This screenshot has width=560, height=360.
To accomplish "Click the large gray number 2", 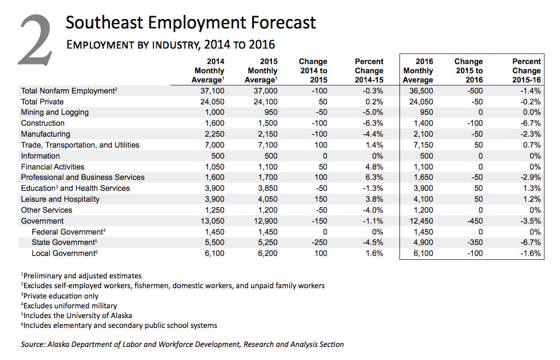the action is click(x=36, y=40).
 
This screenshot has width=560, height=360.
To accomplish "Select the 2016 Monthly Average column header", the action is click(x=418, y=71).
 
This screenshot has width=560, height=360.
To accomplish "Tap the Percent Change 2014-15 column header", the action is click(x=369, y=71).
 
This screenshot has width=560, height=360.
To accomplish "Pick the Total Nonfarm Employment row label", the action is click(x=69, y=90).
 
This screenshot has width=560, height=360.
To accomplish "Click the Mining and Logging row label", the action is click(x=55, y=112).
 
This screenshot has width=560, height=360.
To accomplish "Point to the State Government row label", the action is click(x=65, y=242).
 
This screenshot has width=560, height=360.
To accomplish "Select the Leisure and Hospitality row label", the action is click(x=60, y=199).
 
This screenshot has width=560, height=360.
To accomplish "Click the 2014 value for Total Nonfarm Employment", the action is click(x=212, y=90).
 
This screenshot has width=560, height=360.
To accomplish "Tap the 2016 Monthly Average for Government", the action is click(x=421, y=221).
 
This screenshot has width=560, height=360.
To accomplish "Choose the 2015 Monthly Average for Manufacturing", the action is click(x=266, y=134).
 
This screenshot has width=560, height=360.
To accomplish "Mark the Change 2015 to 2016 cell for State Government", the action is click(x=475, y=242).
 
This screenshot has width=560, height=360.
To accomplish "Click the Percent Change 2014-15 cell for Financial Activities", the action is click(x=374, y=167).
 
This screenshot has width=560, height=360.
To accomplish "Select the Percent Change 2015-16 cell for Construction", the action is click(x=531, y=123).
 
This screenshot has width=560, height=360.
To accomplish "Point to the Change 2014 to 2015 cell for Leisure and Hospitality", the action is click(x=320, y=199).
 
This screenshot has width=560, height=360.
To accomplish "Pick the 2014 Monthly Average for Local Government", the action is click(x=214, y=253).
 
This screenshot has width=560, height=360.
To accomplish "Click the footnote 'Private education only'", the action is click(x=60, y=295).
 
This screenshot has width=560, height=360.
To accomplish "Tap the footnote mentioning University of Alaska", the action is click(x=77, y=315).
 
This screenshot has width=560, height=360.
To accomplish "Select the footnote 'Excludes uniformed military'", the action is click(x=69, y=305).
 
